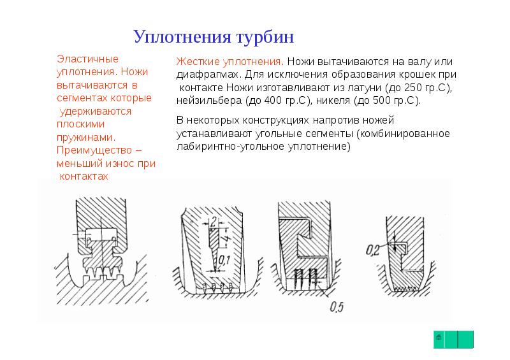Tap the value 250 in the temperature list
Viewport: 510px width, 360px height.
click(x=414, y=87)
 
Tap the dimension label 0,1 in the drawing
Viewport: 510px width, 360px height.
click(x=223, y=260)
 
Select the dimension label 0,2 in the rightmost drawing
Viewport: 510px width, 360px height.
click(x=374, y=250)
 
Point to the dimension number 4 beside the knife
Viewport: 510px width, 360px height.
click(x=225, y=241)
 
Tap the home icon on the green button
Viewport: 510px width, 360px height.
click(x=439, y=338)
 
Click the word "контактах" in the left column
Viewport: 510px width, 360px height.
click(x=83, y=176)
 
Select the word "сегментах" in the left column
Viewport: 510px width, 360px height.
click(x=80, y=98)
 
